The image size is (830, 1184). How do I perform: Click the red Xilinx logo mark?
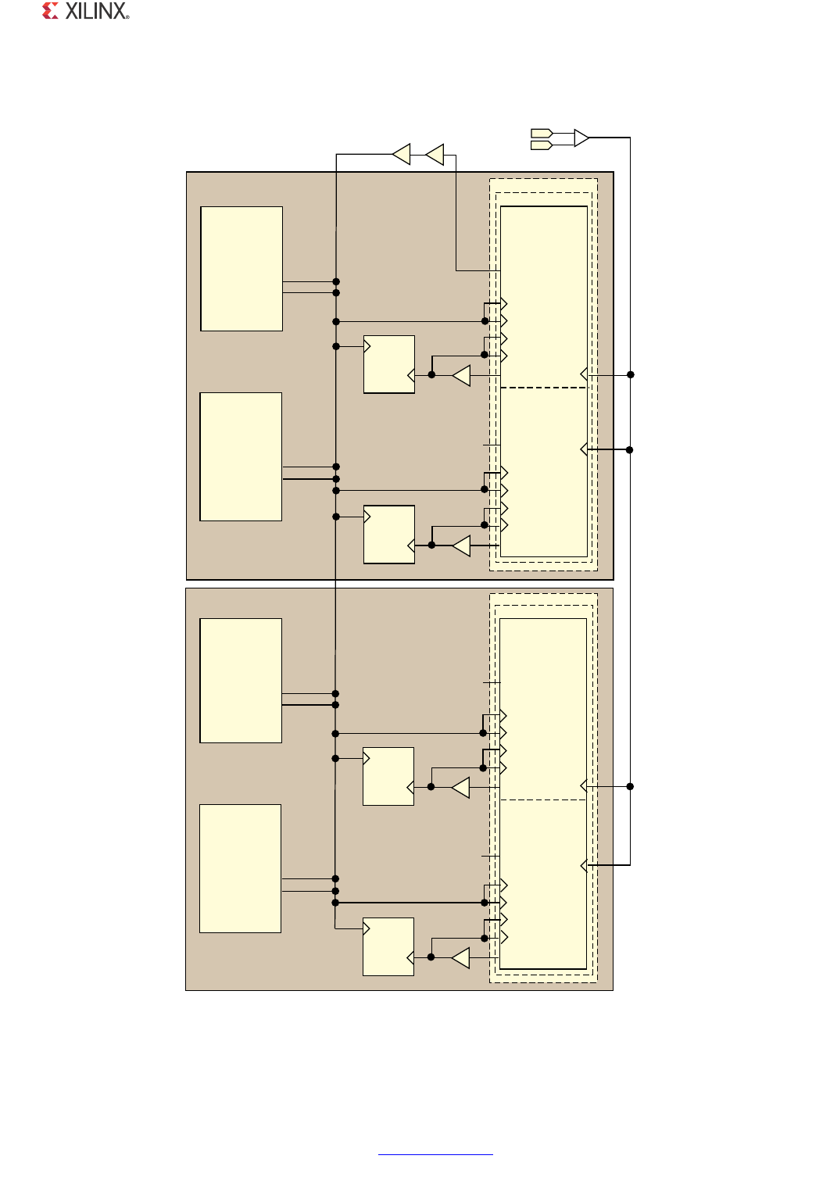coord(50,11)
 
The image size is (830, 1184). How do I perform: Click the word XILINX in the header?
coord(96,11)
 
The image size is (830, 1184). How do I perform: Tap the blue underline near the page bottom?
coord(435,1154)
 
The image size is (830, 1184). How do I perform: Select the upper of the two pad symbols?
coord(542,133)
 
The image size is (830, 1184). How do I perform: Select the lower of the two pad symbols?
coord(542,145)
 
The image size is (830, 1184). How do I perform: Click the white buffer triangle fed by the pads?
coord(581,138)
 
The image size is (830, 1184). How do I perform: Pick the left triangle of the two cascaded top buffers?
coord(402,154)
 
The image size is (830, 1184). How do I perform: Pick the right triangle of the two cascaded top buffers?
coord(435,154)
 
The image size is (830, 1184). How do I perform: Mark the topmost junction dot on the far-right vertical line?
coord(630,374)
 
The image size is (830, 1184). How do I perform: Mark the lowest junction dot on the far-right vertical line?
coord(630,786)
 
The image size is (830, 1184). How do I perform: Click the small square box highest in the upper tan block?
coord(389,364)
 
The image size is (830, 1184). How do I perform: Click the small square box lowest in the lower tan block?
coord(388,946)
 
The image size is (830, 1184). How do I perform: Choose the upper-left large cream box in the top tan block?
coord(241,269)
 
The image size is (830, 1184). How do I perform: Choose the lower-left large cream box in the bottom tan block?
coord(240,868)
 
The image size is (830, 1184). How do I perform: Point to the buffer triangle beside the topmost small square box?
coord(462,375)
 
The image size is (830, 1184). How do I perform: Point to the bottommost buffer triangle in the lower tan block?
coord(460,958)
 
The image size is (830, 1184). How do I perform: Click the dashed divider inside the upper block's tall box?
coord(543,388)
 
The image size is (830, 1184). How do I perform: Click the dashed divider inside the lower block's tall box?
coord(543,799)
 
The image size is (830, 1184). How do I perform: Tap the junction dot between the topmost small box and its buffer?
coord(431,375)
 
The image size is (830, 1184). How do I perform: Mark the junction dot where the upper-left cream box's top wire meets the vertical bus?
coord(336,281)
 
